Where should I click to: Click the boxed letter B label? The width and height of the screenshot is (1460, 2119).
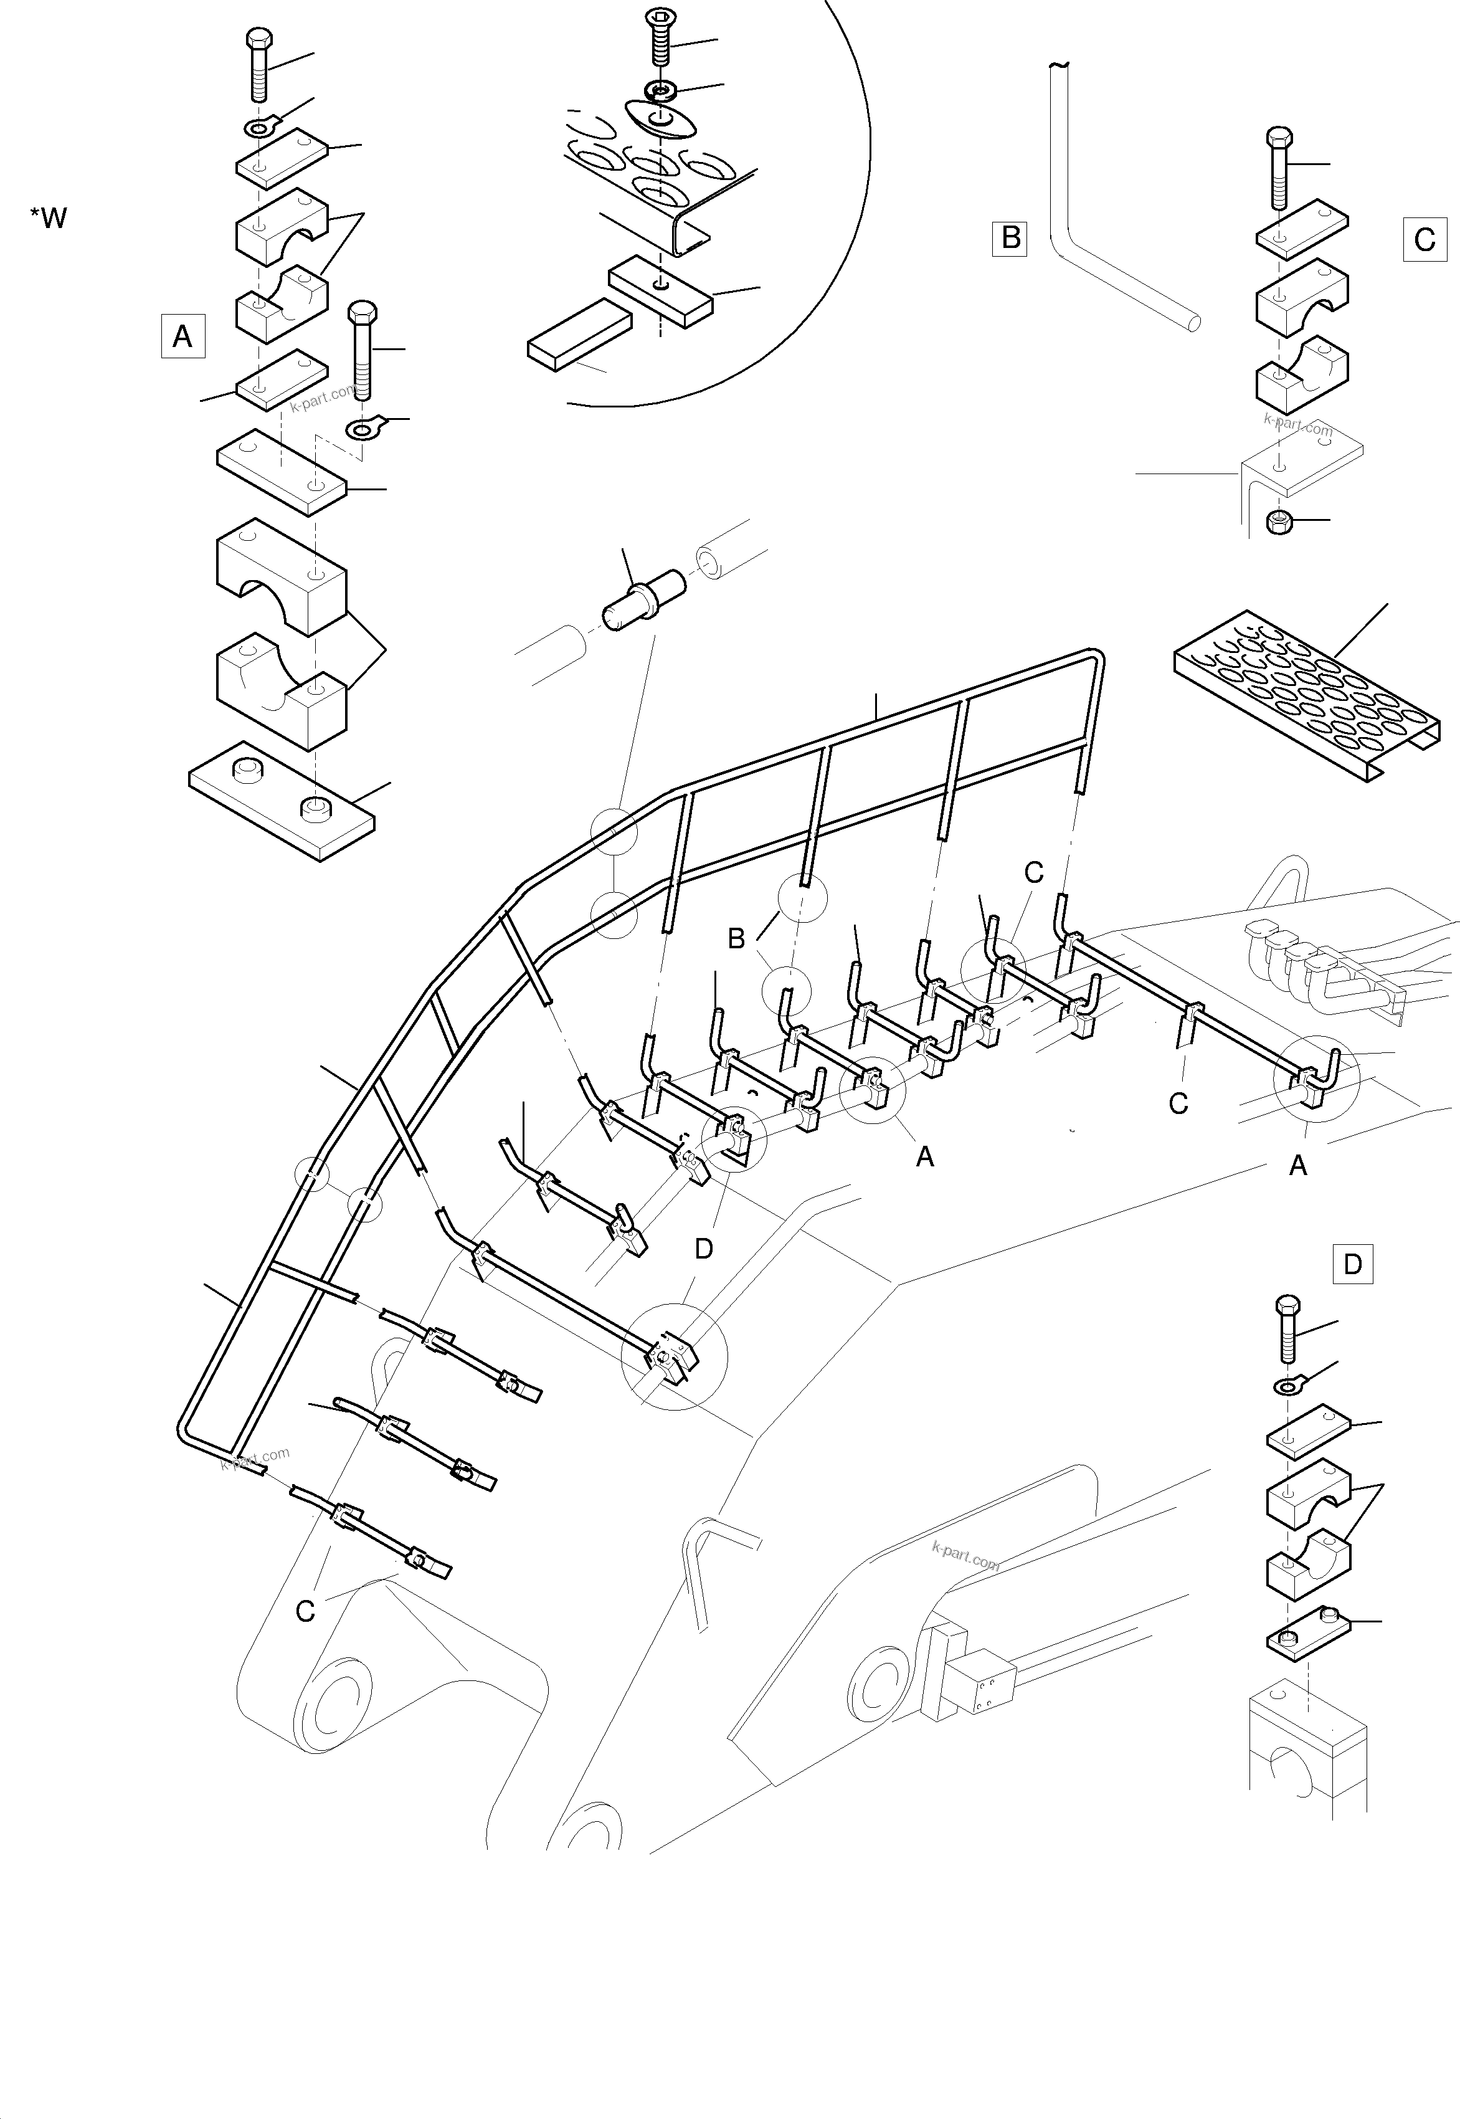click(x=1010, y=238)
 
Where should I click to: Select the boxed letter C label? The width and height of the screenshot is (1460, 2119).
click(x=1424, y=240)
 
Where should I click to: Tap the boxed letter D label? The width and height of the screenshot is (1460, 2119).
click(x=1352, y=1264)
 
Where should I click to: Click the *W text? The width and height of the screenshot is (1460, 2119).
click(x=49, y=217)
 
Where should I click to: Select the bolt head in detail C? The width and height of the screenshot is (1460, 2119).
click(x=1279, y=139)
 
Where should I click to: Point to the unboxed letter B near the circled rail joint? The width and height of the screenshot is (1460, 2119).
click(x=736, y=938)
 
